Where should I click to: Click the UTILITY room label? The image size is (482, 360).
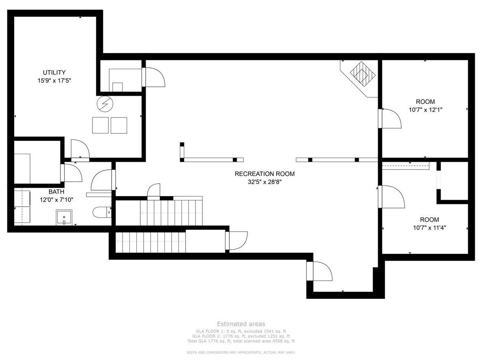(x=54, y=73)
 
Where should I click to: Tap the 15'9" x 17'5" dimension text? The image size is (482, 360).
(x=54, y=81)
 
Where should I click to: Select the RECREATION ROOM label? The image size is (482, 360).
(x=265, y=174)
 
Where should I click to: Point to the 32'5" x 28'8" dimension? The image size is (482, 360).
(x=265, y=182)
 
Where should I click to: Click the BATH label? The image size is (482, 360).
(x=56, y=192)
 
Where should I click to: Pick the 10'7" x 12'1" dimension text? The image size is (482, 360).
(x=426, y=109)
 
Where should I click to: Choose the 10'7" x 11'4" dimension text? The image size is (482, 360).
(x=429, y=228)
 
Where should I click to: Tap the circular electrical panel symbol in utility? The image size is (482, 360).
(x=105, y=104)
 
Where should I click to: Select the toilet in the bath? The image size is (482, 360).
(x=102, y=212)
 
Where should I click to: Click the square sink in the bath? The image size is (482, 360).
(x=64, y=217)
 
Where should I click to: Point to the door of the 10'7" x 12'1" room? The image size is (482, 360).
(x=389, y=118)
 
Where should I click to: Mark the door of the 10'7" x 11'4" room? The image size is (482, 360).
(x=391, y=197)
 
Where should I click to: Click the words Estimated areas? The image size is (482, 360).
(x=241, y=324)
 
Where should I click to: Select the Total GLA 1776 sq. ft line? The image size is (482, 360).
(x=241, y=341)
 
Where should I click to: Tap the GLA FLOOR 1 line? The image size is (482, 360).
(x=241, y=331)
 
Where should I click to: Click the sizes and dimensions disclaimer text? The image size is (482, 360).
(x=241, y=352)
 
